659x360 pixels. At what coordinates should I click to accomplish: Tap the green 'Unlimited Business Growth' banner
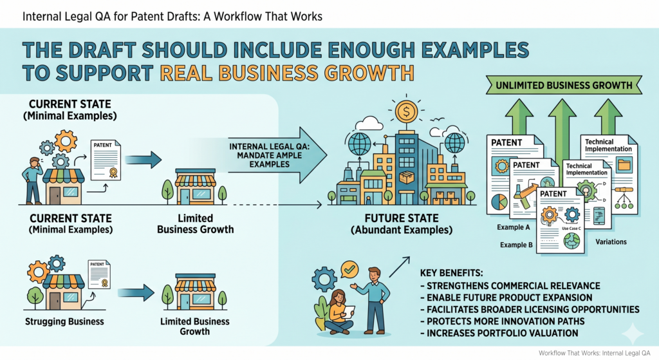[564, 85]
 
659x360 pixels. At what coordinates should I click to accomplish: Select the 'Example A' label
[513, 227]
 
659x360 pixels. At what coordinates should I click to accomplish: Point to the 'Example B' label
[516, 245]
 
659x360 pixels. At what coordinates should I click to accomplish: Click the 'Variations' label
[611, 242]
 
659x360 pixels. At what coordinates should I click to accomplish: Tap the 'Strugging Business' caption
[64, 322]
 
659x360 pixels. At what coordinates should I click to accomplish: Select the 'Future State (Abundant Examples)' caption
[402, 224]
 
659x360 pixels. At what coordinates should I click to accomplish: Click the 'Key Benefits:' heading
[451, 273]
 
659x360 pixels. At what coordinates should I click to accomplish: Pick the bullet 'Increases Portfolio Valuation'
[499, 333]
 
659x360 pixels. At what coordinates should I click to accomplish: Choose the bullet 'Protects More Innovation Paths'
[502, 321]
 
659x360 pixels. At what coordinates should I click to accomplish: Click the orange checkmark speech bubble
[349, 269]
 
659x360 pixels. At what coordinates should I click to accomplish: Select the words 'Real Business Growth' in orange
[287, 73]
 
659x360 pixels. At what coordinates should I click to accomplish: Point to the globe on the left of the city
[359, 143]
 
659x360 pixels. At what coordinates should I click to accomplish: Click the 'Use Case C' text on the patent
[571, 229]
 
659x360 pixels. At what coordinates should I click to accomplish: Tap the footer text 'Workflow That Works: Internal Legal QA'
[594, 354]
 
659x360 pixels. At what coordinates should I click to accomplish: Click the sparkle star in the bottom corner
[633, 334]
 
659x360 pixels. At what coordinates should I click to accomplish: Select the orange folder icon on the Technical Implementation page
[624, 165]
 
